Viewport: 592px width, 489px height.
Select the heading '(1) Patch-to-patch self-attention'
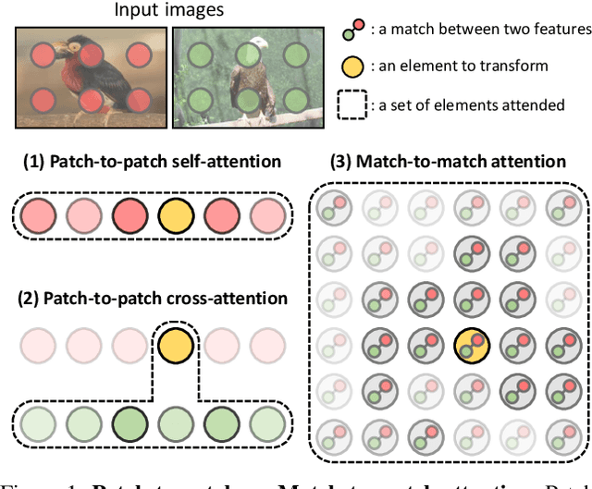click(151, 162)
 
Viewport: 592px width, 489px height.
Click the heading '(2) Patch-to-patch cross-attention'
click(151, 299)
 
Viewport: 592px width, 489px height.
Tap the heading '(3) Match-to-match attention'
click(448, 162)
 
